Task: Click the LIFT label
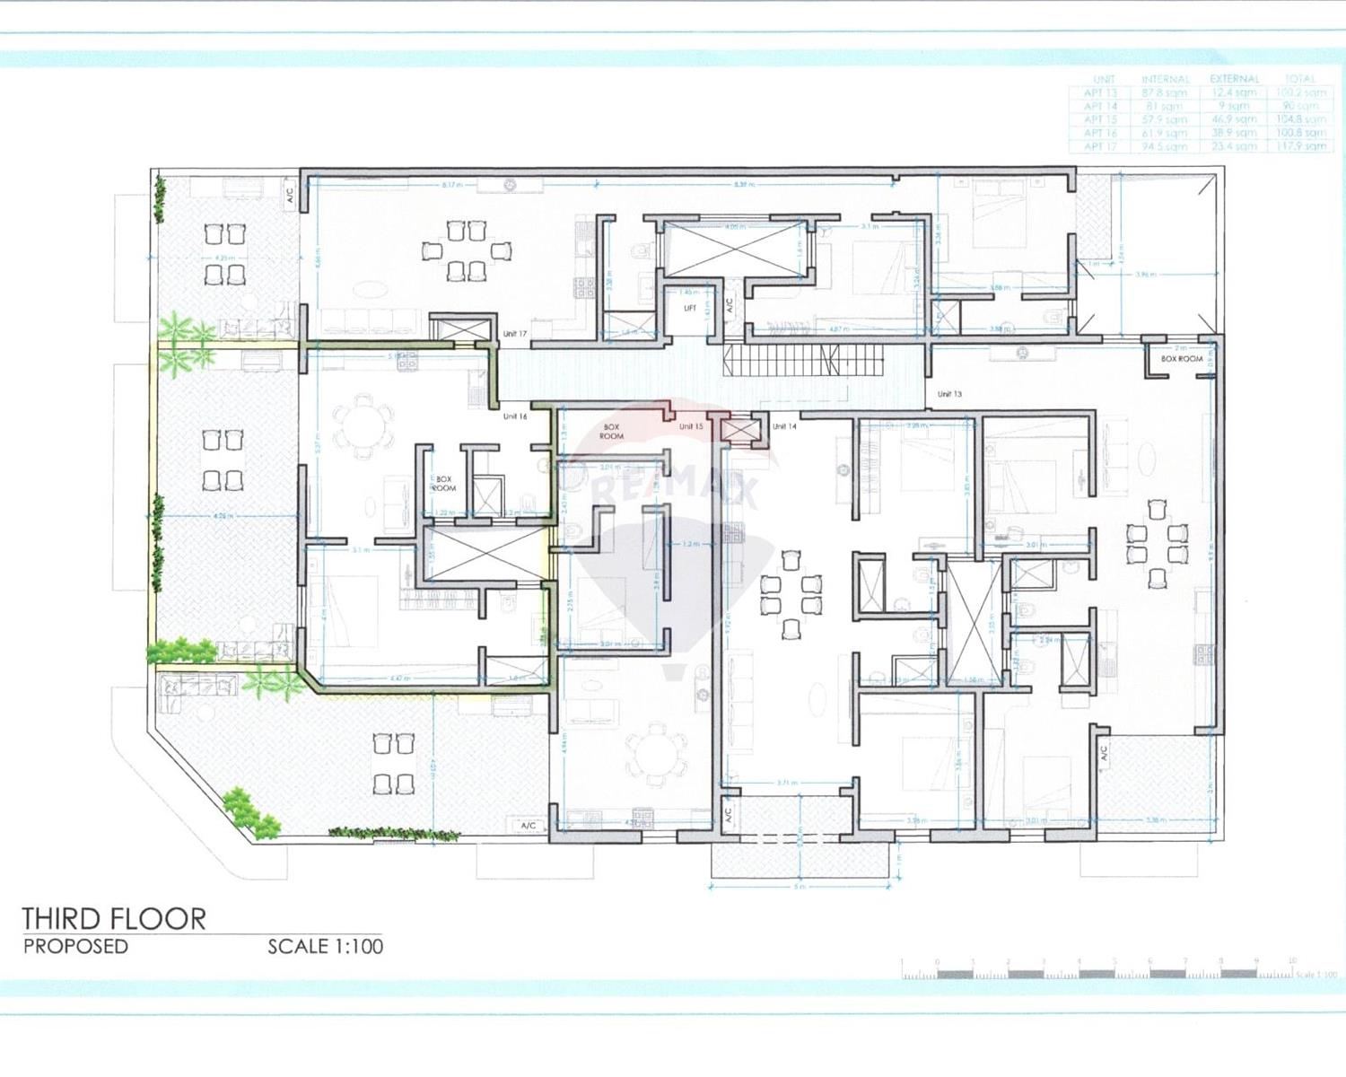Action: tap(690, 308)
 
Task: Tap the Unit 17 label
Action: tap(515, 334)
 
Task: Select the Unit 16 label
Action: tap(515, 416)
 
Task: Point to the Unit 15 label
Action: tap(691, 426)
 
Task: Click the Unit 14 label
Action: tap(784, 426)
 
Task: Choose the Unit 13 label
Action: tap(949, 394)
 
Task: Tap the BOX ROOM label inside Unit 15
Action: tap(612, 432)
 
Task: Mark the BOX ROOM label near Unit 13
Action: tap(1181, 359)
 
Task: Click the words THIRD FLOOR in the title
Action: tap(114, 919)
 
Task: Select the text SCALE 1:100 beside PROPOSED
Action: tap(325, 946)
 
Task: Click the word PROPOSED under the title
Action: tap(76, 946)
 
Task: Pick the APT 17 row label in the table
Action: tap(1100, 146)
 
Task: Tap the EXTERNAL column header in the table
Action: tap(1234, 79)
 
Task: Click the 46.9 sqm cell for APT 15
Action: tap(1234, 119)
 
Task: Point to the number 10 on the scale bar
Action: tap(1291, 961)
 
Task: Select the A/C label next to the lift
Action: tap(730, 306)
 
